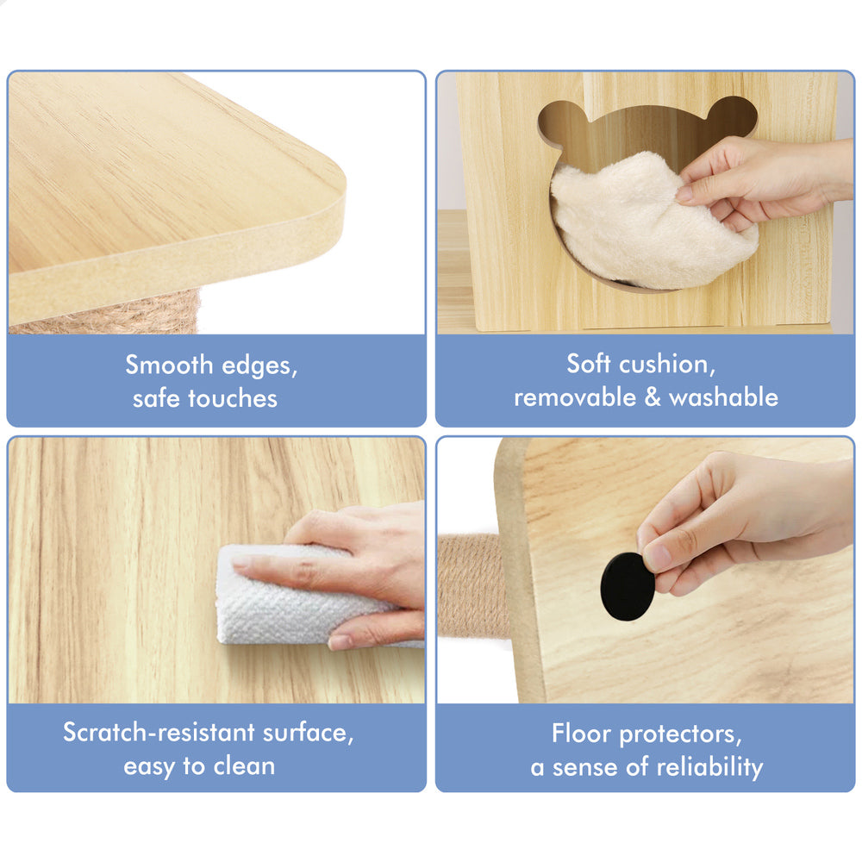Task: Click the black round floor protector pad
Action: click(x=628, y=586)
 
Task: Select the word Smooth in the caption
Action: click(x=169, y=365)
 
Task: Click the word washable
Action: click(x=723, y=397)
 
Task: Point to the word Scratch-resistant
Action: click(x=159, y=732)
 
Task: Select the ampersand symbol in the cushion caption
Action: click(x=652, y=397)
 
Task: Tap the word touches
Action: click(x=233, y=398)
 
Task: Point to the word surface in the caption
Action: click(x=308, y=733)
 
